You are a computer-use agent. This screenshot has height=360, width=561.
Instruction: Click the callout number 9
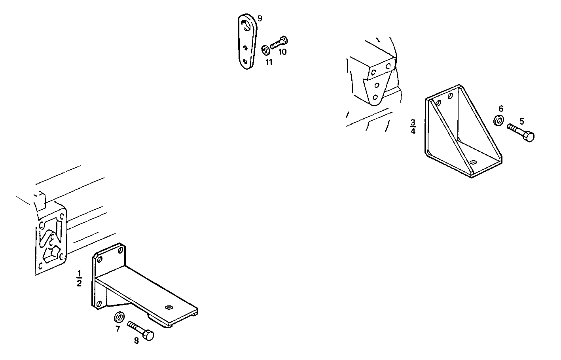pyautogui.click(x=260, y=19)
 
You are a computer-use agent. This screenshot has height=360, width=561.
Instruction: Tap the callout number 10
pyautogui.click(x=282, y=52)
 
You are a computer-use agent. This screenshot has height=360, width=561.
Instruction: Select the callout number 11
pyautogui.click(x=269, y=62)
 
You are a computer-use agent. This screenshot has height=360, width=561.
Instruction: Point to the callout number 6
pyautogui.click(x=500, y=109)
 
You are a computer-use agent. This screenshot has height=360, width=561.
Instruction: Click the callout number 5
pyautogui.click(x=521, y=121)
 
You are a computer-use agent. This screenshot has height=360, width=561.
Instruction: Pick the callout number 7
pyautogui.click(x=118, y=329)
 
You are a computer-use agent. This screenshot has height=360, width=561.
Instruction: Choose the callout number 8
pyautogui.click(x=136, y=341)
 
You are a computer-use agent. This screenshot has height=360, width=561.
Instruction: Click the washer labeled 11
pyautogui.click(x=265, y=50)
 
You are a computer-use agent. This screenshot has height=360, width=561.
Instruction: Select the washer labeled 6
pyautogui.click(x=498, y=120)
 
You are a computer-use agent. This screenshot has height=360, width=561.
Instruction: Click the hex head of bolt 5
pyautogui.click(x=529, y=137)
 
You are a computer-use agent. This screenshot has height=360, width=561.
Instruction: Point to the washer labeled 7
pyautogui.click(x=119, y=317)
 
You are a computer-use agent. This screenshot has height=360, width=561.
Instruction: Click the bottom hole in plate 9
pyautogui.click(x=245, y=61)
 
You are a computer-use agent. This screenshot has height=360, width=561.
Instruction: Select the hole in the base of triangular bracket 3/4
pyautogui.click(x=473, y=163)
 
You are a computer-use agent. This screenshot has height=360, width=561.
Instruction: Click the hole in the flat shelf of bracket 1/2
pyautogui.click(x=169, y=307)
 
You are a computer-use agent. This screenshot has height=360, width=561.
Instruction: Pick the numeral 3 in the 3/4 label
pyautogui.click(x=413, y=123)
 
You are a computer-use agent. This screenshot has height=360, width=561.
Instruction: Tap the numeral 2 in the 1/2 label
pyautogui.click(x=79, y=283)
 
